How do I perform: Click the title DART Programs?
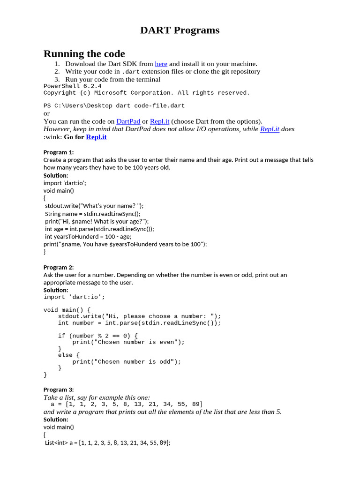[x=180, y=30]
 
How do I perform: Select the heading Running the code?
[x=84, y=53]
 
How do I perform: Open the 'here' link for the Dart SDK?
[x=161, y=64]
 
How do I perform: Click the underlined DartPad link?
[x=128, y=121]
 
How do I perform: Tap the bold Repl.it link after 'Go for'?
[x=96, y=137]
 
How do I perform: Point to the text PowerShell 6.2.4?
[x=72, y=86]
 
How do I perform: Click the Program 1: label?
[x=59, y=152]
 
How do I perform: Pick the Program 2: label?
[x=59, y=267]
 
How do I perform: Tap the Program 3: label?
[x=59, y=390]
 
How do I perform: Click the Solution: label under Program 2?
[x=56, y=290]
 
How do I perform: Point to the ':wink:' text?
[x=52, y=137]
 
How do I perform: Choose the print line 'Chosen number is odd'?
[x=127, y=362]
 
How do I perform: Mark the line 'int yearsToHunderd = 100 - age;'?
[x=88, y=236]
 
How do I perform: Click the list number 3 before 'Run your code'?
[x=57, y=79]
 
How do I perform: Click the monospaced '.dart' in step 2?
[x=131, y=72]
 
